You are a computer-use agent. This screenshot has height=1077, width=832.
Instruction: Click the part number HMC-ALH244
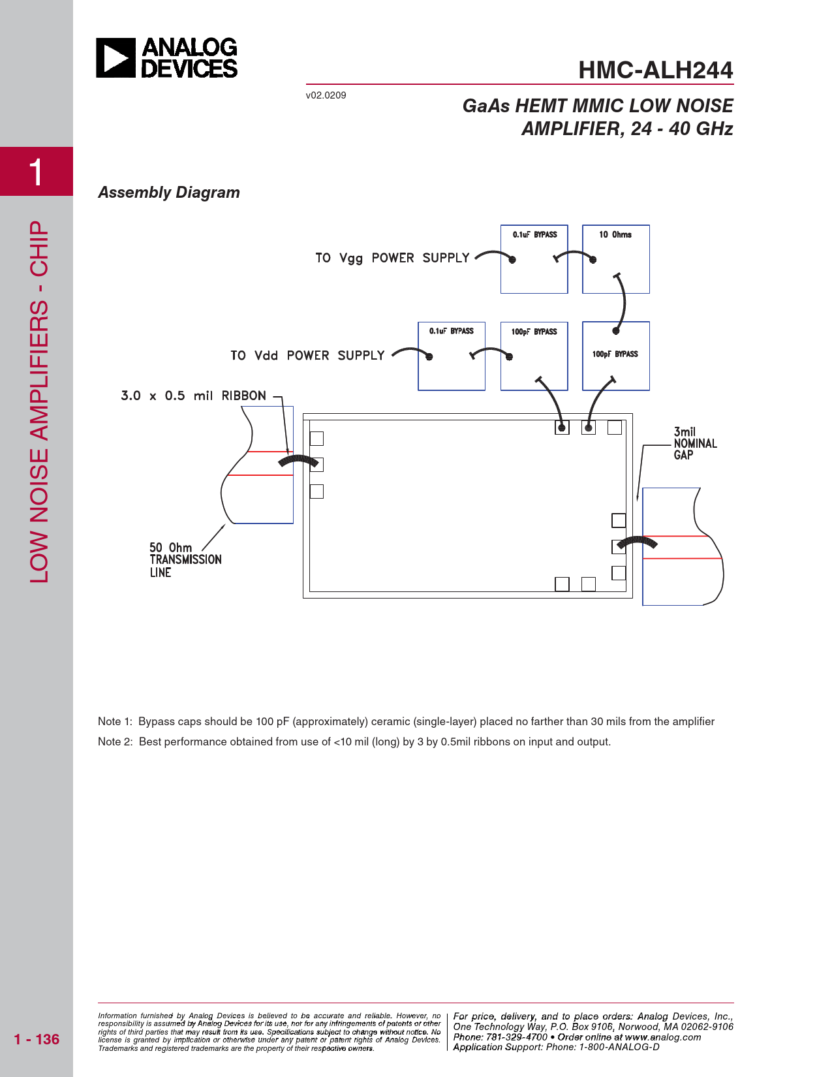click(655, 70)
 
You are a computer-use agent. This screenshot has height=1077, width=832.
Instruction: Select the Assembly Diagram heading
click(169, 193)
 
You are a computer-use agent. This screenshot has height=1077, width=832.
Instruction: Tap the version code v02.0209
click(326, 95)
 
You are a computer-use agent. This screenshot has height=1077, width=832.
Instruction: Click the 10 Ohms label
click(615, 234)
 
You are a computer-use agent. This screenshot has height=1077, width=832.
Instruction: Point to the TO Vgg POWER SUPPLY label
click(392, 258)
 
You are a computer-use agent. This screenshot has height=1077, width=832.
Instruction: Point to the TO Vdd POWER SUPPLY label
click(307, 355)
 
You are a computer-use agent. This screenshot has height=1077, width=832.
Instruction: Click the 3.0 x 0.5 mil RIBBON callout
click(193, 396)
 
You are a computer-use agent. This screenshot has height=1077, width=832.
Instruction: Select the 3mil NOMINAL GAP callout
click(694, 443)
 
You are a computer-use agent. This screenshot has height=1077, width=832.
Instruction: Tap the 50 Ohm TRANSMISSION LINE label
click(185, 559)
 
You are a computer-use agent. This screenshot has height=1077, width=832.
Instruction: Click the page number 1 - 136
click(37, 1039)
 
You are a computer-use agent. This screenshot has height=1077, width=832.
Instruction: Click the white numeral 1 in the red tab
click(37, 172)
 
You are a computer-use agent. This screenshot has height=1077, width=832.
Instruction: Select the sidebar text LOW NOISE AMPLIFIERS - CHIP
click(39, 401)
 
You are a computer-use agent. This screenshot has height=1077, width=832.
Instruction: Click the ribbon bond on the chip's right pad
click(637, 542)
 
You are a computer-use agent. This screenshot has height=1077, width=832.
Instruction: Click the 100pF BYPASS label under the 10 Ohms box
click(615, 354)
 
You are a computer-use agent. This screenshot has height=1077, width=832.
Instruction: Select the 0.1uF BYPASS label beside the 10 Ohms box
click(534, 234)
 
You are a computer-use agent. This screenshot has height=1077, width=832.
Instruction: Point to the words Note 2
click(115, 741)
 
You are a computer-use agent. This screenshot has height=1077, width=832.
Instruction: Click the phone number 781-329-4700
click(517, 1037)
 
